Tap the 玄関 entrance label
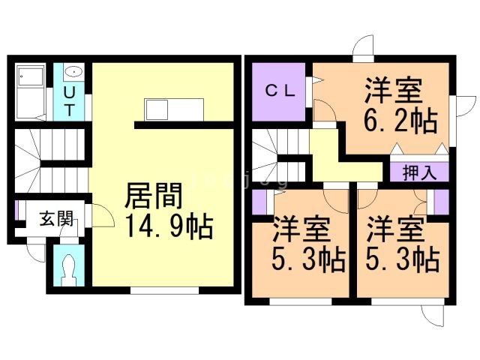(x=56, y=220)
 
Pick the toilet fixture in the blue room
(x=70, y=266)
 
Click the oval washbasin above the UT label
(x=73, y=72)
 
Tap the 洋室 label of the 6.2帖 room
(x=393, y=90)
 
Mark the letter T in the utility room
(x=69, y=109)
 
